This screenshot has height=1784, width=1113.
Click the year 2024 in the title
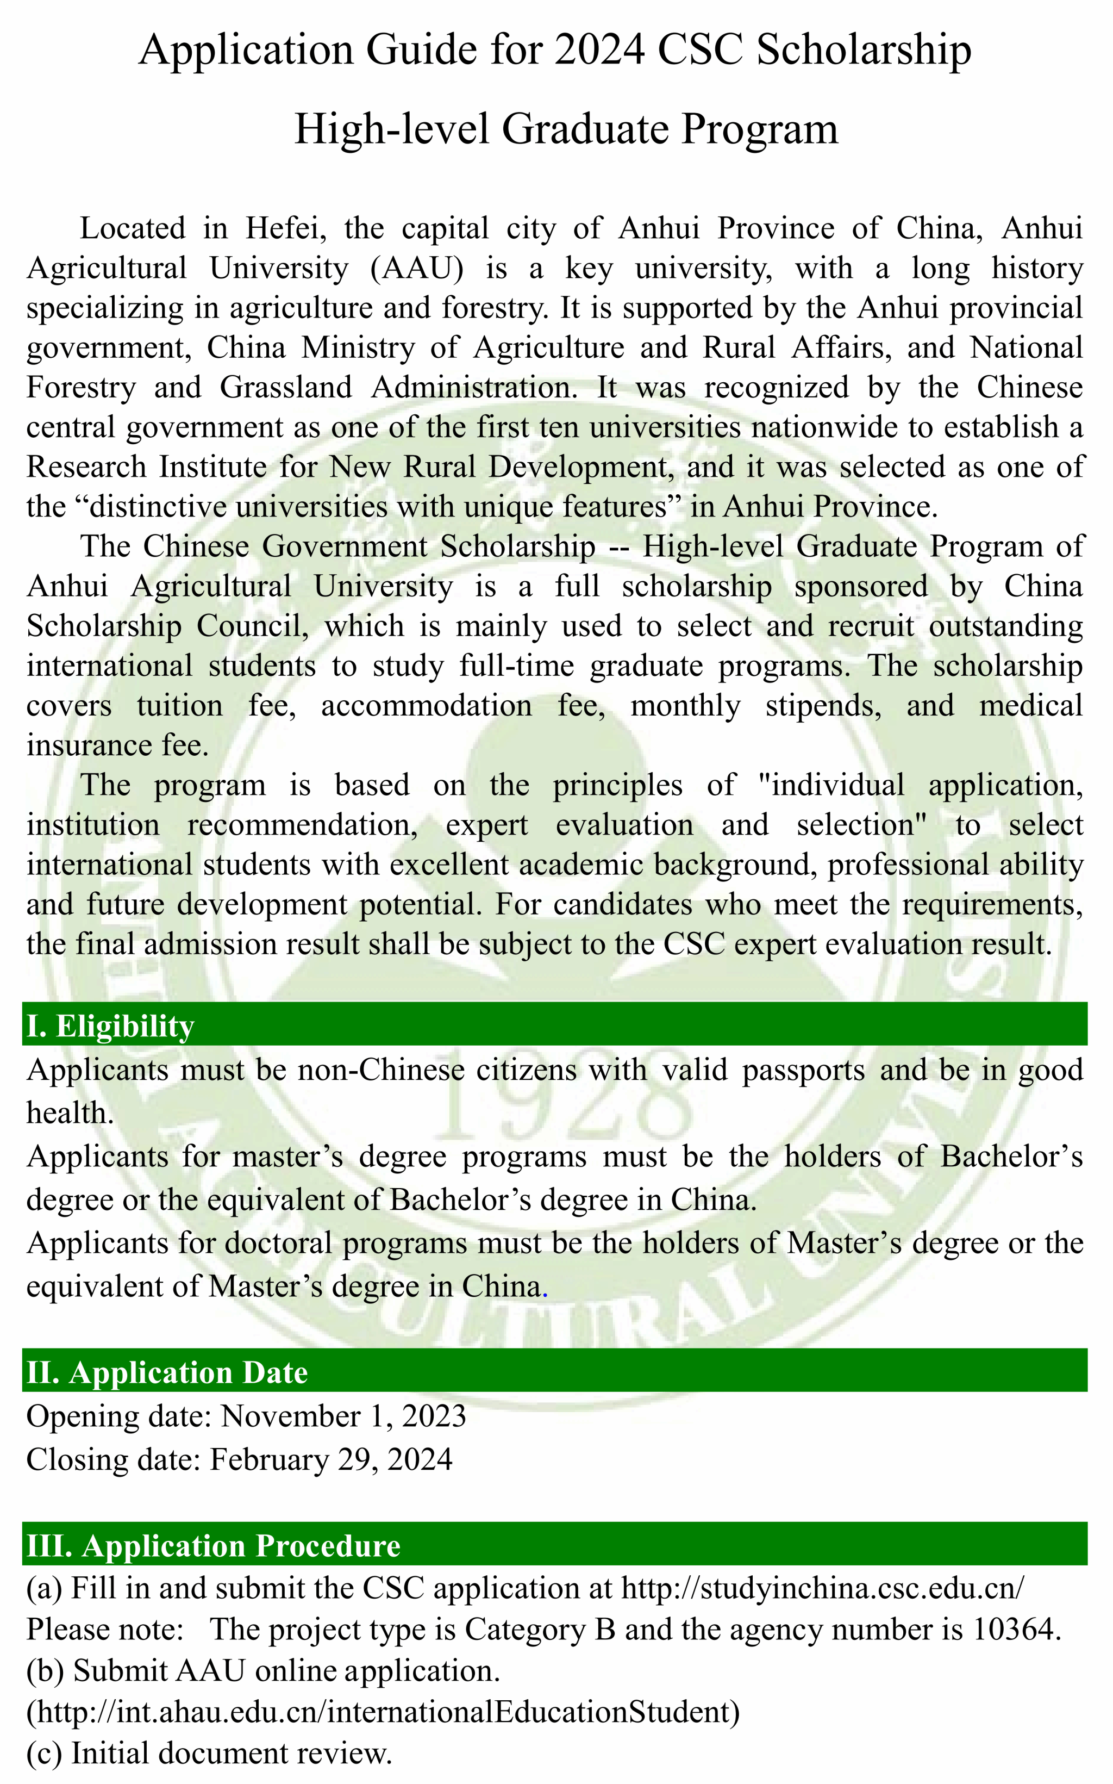pos(599,50)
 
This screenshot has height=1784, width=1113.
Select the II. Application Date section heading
pos(167,1373)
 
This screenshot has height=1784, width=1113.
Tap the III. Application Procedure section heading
pos(214,1545)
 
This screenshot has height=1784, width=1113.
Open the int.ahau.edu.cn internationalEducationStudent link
pos(383,1712)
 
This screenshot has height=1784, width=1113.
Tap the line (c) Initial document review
pos(209,1753)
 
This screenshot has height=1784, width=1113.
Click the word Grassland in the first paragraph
pos(286,387)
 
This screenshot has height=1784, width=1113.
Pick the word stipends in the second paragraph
pos(823,705)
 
